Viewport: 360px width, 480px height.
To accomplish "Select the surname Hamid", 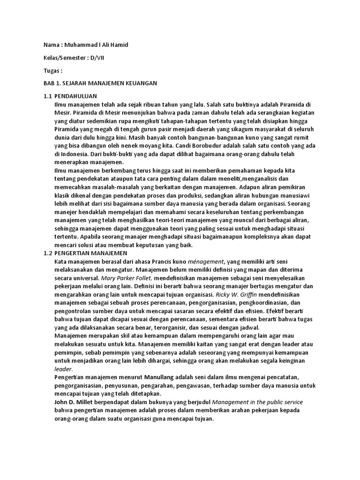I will coord(119,45).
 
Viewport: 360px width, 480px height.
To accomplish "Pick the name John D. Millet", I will coord(75,402).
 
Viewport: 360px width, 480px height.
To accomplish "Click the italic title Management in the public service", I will coord(257,402).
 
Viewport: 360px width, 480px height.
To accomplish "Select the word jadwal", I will coord(246,327).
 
